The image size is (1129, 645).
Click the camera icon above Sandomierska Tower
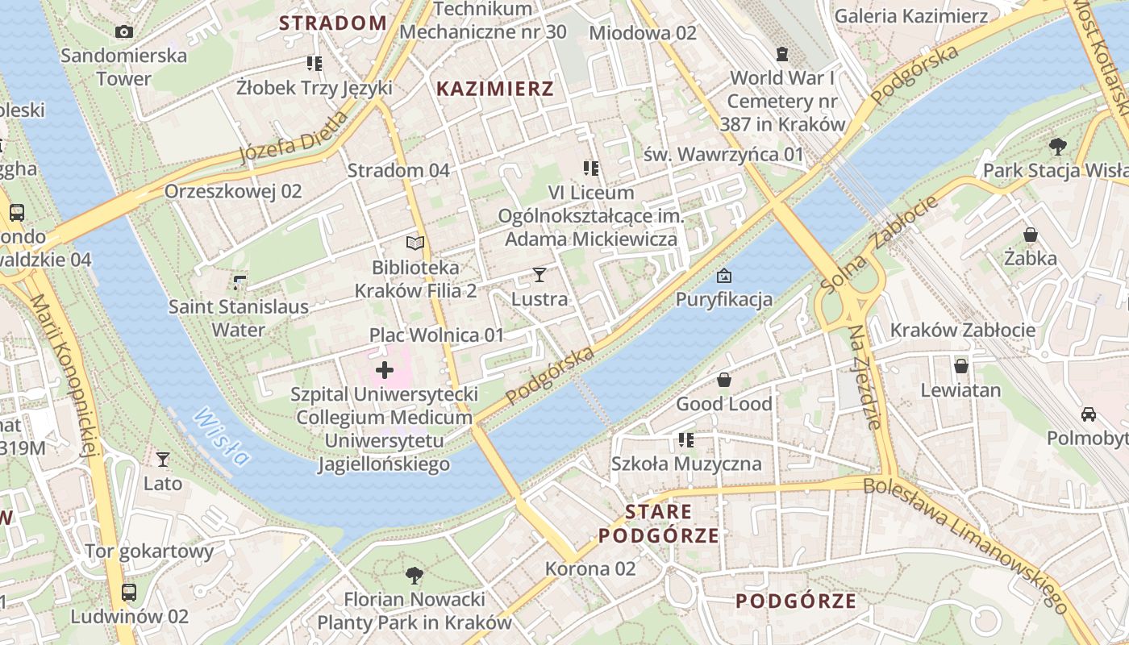click(123, 31)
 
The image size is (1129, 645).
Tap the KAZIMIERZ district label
click(495, 89)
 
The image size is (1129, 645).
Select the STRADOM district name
click(333, 23)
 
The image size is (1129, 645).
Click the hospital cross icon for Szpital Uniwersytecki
click(385, 370)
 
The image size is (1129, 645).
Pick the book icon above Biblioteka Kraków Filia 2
click(415, 243)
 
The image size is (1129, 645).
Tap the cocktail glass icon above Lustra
click(540, 275)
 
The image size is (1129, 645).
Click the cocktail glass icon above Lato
click(163, 460)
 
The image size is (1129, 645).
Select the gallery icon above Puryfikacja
click(724, 276)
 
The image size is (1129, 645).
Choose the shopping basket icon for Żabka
click(1031, 235)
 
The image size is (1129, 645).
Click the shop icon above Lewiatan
click(960, 366)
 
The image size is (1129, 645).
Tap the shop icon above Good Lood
click(724, 380)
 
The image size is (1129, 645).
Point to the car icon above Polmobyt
click(1089, 414)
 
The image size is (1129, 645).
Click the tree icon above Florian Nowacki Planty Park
click(415, 575)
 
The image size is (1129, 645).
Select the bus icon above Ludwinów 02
click(129, 593)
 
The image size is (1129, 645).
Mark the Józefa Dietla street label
click(294, 137)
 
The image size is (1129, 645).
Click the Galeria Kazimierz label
click(911, 16)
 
